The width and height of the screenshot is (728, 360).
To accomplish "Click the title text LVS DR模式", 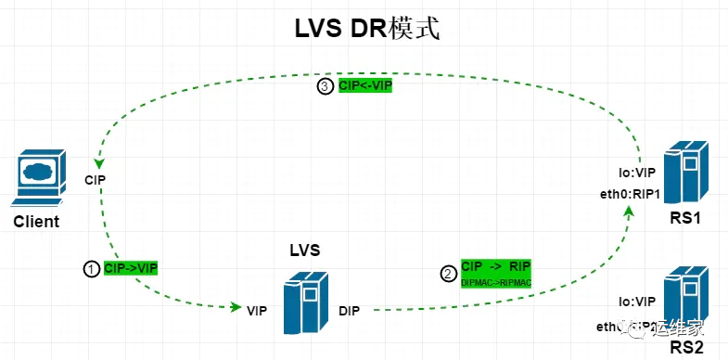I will [364, 29].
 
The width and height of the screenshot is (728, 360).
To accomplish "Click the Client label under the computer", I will [36, 222].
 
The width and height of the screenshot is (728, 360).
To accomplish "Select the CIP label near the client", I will [96, 178].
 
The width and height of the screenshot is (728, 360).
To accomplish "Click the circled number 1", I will [91, 268].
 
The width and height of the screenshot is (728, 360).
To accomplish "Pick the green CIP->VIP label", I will [131, 268].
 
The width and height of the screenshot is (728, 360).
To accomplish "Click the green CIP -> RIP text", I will [495, 265].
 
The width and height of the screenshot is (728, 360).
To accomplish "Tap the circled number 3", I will [325, 86].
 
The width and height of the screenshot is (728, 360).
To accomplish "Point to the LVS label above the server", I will [305, 251].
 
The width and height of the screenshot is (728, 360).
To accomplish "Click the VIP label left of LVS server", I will [257, 309].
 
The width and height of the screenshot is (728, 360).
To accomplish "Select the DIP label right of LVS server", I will [350, 309].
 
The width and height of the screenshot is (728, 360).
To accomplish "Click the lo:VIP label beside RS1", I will [637, 174].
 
